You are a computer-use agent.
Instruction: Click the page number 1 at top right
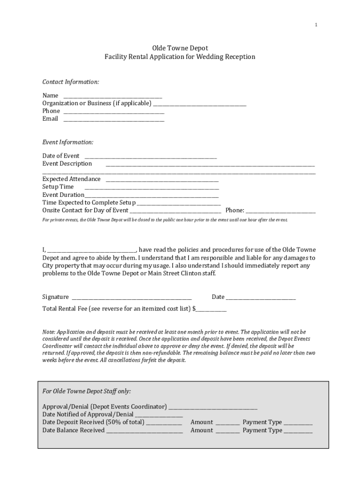[316, 25]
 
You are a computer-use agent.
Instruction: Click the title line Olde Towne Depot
[180, 48]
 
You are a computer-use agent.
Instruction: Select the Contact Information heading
[71, 82]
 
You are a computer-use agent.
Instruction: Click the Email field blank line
[114, 120]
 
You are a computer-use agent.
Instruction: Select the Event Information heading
[68, 142]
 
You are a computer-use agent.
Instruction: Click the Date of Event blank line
[150, 157]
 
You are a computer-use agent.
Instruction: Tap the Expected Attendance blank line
[162, 181]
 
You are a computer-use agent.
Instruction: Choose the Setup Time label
[58, 187]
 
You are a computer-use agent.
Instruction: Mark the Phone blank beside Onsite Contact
[281, 212]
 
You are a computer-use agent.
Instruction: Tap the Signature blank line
[131, 298]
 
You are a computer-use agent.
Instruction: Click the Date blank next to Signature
[261, 298]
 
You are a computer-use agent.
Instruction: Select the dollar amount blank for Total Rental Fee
[211, 311]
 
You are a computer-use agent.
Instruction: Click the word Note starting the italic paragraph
[49, 332]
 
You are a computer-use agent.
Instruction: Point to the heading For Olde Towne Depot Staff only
[86, 391]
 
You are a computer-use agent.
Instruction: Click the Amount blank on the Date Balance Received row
[228, 432]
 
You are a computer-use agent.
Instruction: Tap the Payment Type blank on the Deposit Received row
[298, 424]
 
